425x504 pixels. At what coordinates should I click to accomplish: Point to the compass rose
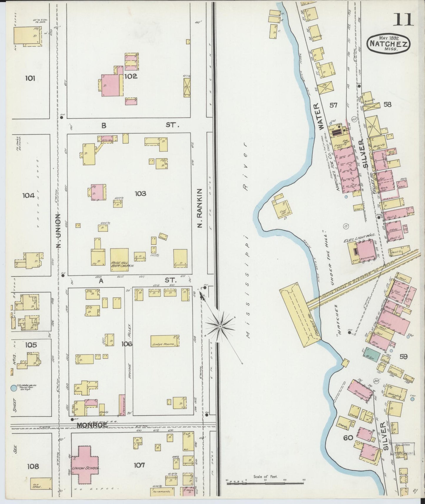pos(220,326)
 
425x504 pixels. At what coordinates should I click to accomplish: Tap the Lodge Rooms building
pos(165,341)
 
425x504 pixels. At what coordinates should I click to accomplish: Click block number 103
pos(140,193)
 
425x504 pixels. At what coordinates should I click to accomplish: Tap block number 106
pos(128,344)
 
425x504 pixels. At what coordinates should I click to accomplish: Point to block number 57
pos(333,105)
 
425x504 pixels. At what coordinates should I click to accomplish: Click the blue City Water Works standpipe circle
pos(13,388)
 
